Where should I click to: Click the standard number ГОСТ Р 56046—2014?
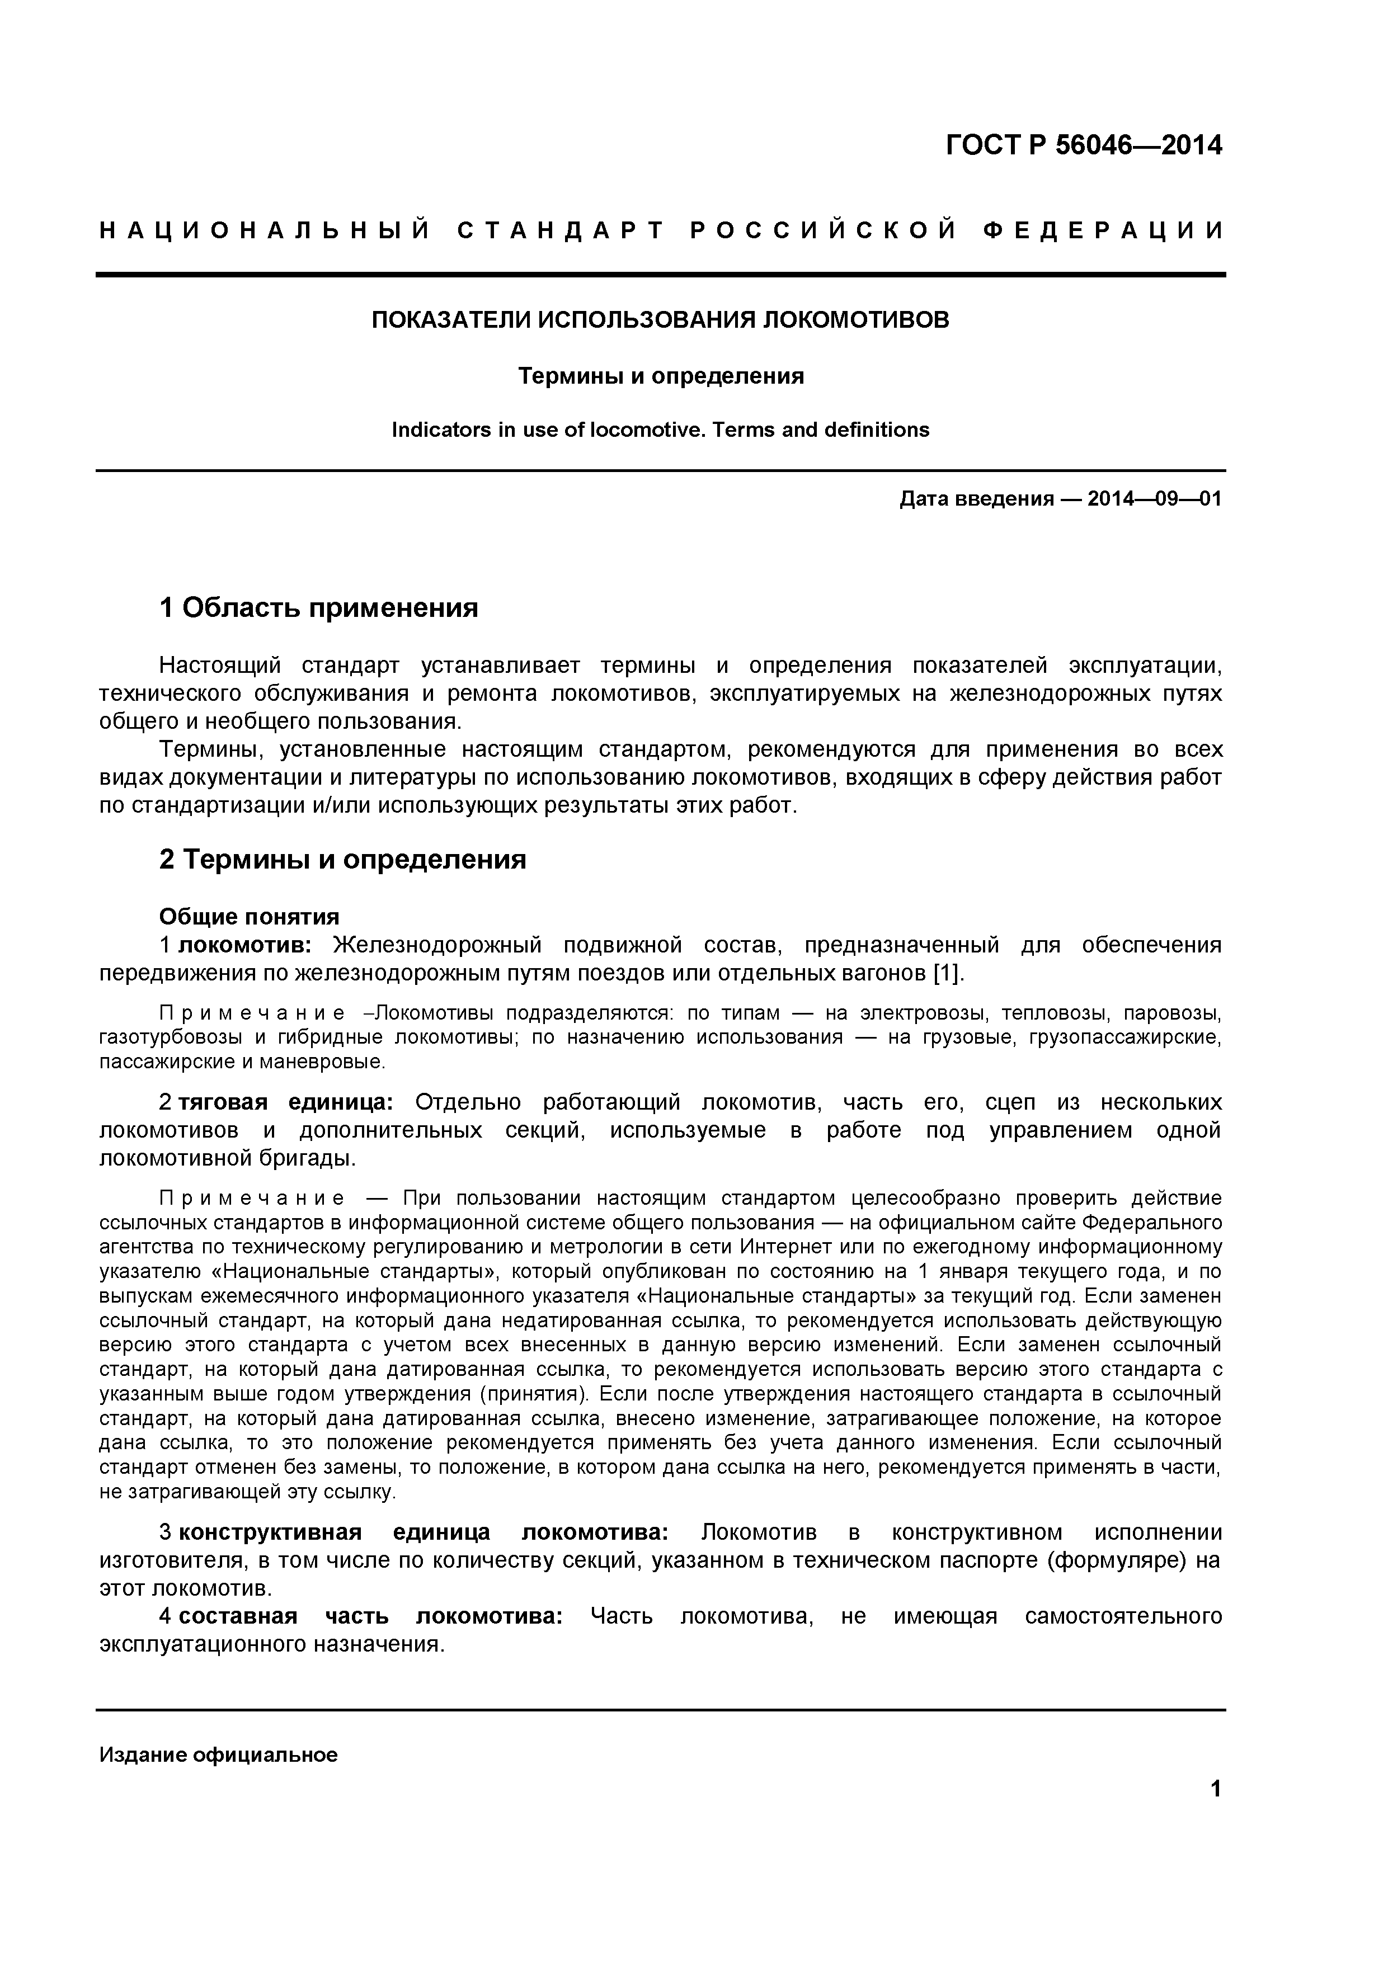(x=1084, y=145)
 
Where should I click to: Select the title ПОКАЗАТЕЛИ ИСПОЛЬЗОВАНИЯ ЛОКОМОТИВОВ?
(x=660, y=320)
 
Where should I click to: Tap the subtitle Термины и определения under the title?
(x=661, y=376)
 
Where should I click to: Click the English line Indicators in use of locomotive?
(x=660, y=430)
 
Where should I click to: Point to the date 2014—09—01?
(x=1154, y=499)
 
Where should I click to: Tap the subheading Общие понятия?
(x=249, y=917)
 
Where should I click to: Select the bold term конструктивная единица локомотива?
(x=436, y=1532)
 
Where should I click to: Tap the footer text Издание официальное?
(x=218, y=1755)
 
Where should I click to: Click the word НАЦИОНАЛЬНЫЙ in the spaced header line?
(x=265, y=231)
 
